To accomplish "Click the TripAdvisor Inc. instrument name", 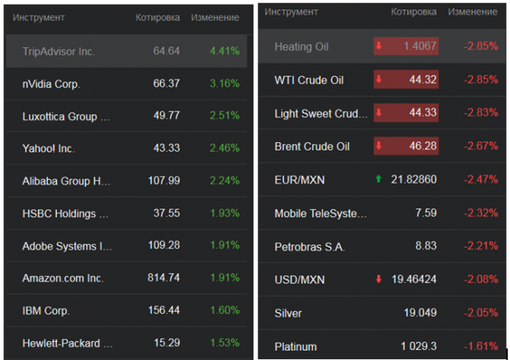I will pos(59,51).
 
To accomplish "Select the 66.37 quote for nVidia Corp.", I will pos(163,83).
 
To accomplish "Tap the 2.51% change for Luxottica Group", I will pos(224,116).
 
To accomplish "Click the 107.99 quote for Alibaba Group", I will pos(163,180).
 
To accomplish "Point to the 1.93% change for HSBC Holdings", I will pos(224,213).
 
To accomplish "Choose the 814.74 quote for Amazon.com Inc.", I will pos(163,278).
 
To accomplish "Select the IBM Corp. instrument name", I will pos(46,311).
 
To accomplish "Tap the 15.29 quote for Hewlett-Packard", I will pos(166,343).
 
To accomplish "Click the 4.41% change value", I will pos(224,51).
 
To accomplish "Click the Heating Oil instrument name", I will pos(301,46).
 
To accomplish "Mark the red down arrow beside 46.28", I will pos(380,146).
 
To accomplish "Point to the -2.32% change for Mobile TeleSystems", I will pos(481,213).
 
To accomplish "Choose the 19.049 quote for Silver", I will pos(421,313).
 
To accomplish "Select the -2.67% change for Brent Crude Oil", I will pos(481,146).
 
